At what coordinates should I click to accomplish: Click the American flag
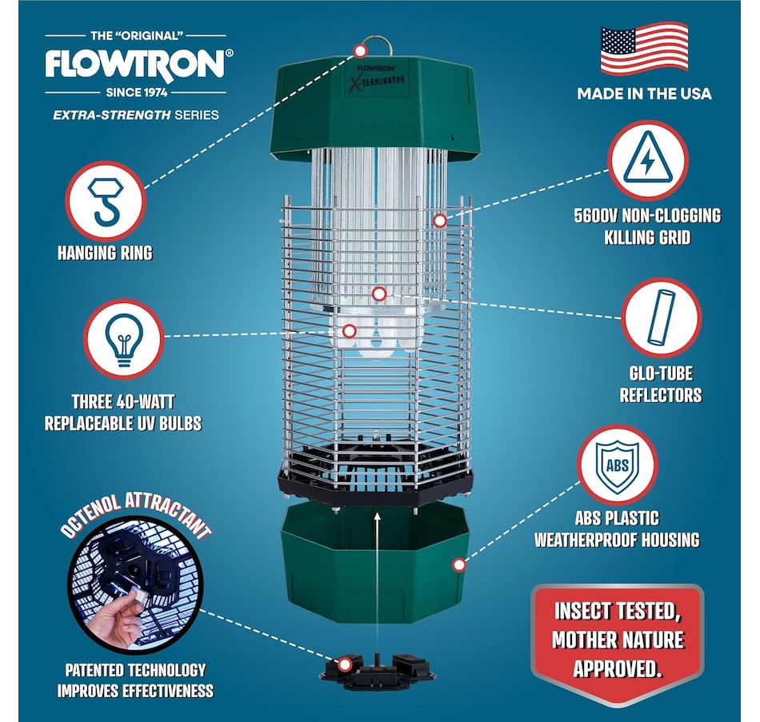coord(644,49)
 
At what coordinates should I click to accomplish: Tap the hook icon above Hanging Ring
coord(105,201)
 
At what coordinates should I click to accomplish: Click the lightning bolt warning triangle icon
coord(648,160)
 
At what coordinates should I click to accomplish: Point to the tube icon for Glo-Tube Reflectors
coord(661,317)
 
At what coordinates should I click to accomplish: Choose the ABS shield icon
coord(617,465)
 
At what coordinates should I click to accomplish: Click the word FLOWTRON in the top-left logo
coord(135,63)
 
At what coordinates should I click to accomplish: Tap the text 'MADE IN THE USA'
coord(644,94)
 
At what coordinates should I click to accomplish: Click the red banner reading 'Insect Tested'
coord(617,640)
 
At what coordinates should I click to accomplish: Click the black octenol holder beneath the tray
coord(377,670)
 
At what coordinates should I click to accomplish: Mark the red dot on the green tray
coord(458,564)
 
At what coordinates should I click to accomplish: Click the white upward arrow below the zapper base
coord(377,581)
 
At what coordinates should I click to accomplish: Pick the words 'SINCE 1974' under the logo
coord(137,93)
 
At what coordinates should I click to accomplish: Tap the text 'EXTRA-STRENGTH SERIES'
coord(136,115)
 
